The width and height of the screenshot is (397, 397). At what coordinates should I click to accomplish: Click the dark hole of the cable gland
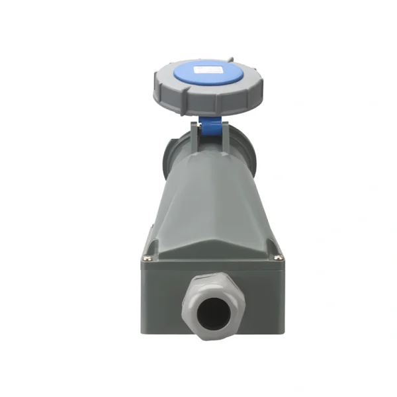click(x=212, y=309)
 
